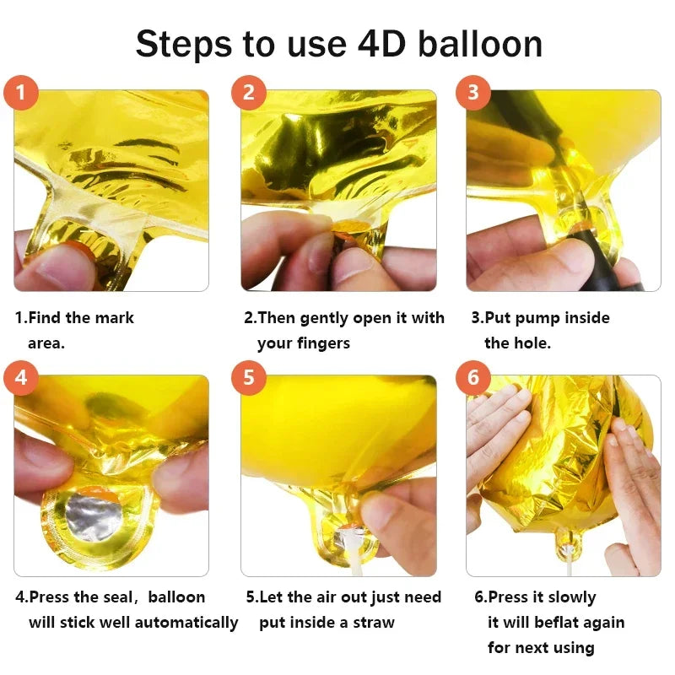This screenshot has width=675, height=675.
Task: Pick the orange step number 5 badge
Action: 248,377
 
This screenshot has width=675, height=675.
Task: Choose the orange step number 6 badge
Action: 473,377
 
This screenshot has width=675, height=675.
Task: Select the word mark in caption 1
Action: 116,318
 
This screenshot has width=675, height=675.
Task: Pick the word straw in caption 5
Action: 374,623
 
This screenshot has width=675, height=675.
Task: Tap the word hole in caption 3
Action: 532,343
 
